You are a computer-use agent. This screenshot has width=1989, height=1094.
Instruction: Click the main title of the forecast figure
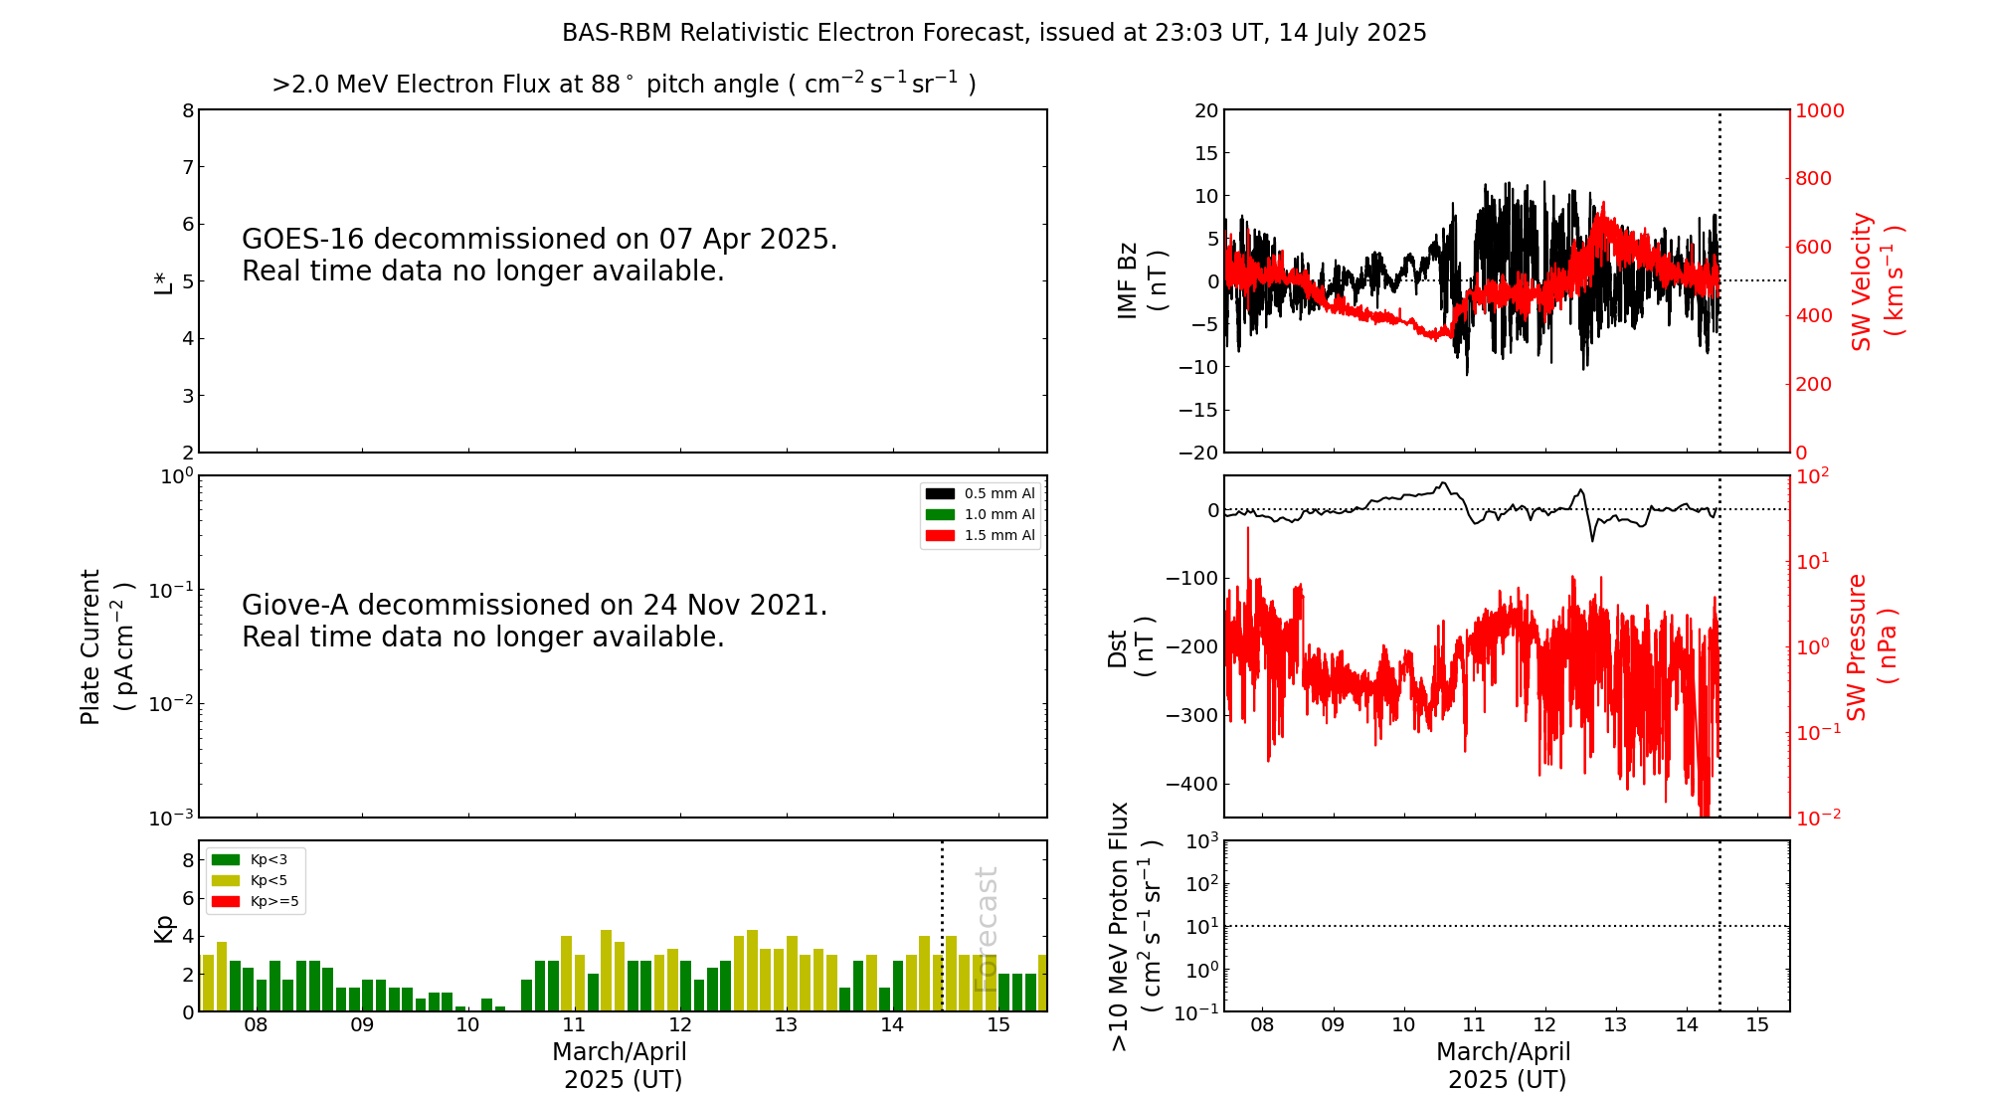[x=994, y=33]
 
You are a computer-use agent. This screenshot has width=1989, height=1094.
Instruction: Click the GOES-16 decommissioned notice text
[x=539, y=255]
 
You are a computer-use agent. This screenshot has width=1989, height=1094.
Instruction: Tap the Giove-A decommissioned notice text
[x=534, y=621]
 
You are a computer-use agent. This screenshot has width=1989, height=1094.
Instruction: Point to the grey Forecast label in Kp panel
[x=986, y=929]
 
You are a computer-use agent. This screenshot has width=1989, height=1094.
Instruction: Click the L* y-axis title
[x=163, y=280]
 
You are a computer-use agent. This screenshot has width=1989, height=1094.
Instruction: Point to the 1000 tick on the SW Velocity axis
[x=1819, y=110]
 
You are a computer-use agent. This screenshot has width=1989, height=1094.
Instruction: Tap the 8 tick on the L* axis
[x=188, y=110]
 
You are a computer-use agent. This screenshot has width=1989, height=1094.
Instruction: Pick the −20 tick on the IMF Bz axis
[x=1198, y=453]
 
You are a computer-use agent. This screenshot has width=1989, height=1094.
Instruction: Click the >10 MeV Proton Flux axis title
[x=1135, y=926]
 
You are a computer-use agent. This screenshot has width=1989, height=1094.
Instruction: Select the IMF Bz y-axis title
[x=1142, y=280]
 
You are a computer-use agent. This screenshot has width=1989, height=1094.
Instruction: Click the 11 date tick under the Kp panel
[x=574, y=1024]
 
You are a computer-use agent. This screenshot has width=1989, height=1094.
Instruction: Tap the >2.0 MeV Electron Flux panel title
[x=624, y=85]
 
